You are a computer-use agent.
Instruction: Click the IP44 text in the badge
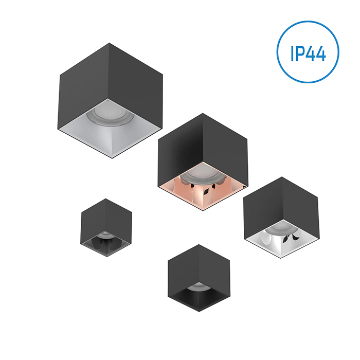[309, 53]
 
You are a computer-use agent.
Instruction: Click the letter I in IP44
[292, 53]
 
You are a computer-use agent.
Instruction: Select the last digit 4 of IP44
[321, 53]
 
